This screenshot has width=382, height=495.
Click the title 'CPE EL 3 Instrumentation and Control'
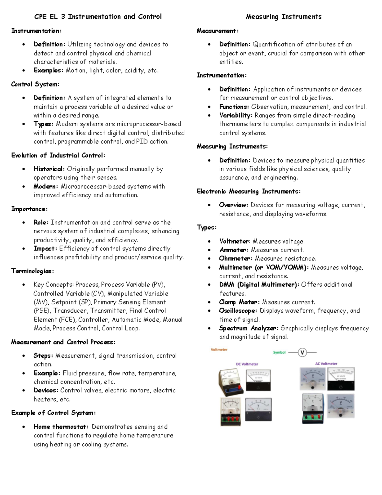click(x=98, y=17)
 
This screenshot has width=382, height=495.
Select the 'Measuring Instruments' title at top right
click(x=284, y=17)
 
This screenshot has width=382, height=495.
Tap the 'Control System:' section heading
click(x=35, y=84)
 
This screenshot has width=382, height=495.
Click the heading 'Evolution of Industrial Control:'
click(x=58, y=156)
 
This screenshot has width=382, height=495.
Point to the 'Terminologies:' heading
click(x=32, y=271)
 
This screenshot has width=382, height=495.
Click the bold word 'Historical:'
click(x=49, y=169)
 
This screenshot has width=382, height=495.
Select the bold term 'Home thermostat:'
click(x=61, y=427)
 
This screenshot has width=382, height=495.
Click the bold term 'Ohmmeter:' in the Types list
click(x=236, y=258)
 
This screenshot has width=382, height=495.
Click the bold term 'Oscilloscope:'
click(x=238, y=311)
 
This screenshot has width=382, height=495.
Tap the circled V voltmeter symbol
click(x=302, y=353)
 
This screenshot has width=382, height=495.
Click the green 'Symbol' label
click(x=279, y=353)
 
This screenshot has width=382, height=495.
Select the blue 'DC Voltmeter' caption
click(x=247, y=364)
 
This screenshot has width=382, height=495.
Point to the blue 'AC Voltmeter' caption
click(x=326, y=364)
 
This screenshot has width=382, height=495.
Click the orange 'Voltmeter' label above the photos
click(x=219, y=350)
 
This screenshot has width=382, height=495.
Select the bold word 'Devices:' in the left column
click(x=46, y=390)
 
